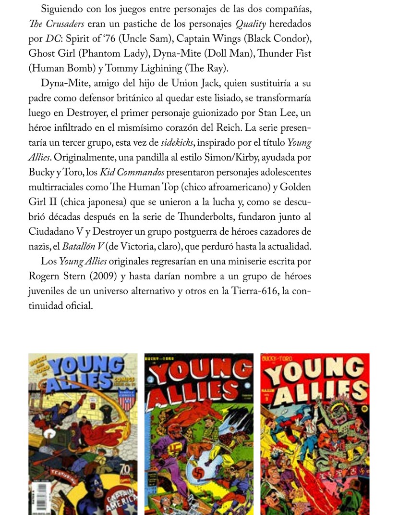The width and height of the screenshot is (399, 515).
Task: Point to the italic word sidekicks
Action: point(178,143)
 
